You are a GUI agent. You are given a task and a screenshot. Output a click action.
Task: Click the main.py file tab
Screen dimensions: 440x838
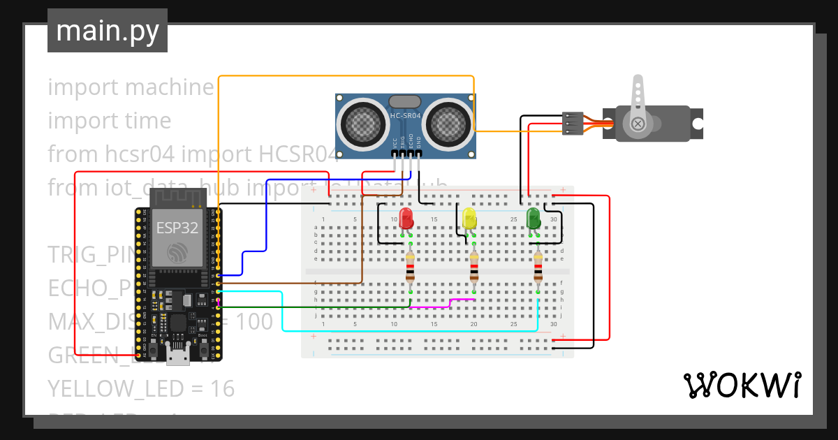(x=107, y=31)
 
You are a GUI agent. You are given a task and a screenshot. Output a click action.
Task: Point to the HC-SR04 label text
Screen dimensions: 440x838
(x=405, y=115)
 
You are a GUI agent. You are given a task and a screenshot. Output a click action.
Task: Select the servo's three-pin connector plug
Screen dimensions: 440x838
(x=572, y=123)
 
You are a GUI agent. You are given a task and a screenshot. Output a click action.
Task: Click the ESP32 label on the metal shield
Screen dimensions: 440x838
(x=177, y=228)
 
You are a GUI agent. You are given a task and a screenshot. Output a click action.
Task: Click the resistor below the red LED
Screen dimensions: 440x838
(x=411, y=268)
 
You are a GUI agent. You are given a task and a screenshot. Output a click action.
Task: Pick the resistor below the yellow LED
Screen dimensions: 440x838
(x=474, y=268)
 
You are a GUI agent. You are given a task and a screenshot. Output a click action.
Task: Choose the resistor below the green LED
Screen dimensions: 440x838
(x=538, y=268)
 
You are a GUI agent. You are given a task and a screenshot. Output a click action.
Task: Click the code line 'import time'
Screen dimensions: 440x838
(x=110, y=121)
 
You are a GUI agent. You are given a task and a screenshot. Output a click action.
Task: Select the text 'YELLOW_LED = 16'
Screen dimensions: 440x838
(x=141, y=388)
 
